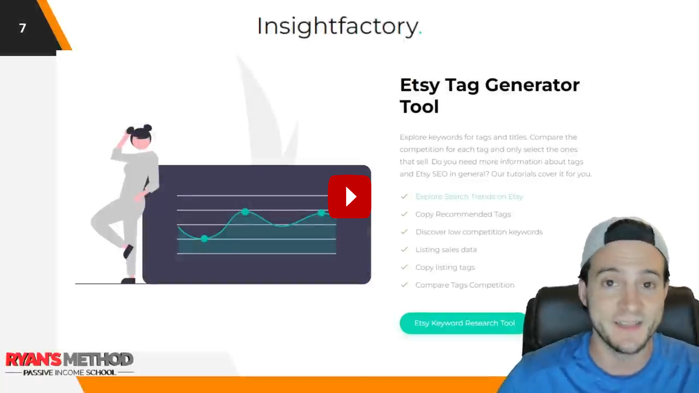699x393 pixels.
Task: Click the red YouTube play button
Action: tap(349, 196)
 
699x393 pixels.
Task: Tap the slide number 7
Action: tap(22, 28)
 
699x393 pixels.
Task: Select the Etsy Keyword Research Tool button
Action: tap(464, 323)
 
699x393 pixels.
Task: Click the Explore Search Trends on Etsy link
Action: tap(469, 196)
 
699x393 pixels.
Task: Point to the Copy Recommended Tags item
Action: tap(463, 215)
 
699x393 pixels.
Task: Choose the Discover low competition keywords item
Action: tap(479, 232)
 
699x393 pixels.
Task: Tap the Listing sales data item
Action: tap(446, 249)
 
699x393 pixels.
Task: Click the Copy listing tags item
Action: tap(445, 267)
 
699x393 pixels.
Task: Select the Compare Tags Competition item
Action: tap(465, 285)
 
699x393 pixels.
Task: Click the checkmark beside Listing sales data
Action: tap(405, 249)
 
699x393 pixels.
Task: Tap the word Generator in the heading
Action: tap(532, 85)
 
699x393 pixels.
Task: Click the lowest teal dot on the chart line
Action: tap(204, 239)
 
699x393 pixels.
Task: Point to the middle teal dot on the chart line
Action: tap(245, 212)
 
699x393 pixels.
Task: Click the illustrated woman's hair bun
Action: tap(147, 128)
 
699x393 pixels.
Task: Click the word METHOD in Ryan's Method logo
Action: tap(99, 360)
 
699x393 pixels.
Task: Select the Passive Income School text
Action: tap(69, 372)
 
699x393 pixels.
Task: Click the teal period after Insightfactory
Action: tap(420, 33)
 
